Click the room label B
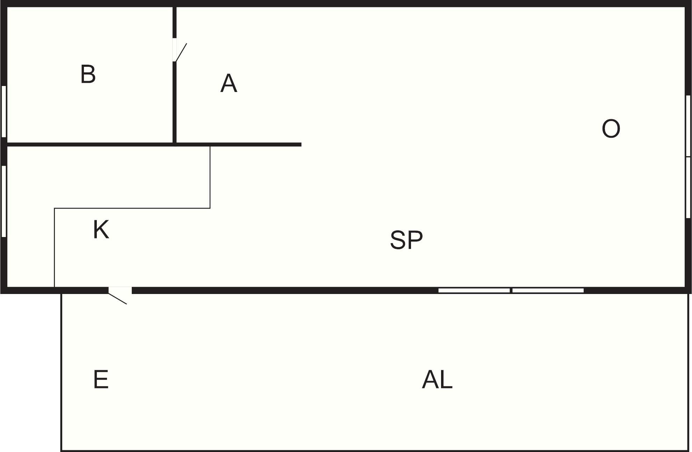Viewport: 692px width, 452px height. click(88, 74)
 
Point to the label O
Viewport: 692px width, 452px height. click(611, 129)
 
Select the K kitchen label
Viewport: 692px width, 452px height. click(101, 230)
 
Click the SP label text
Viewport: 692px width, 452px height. click(406, 240)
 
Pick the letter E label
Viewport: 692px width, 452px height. click(101, 380)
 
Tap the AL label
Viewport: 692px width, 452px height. click(437, 380)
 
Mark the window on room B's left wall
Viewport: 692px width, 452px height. click(4, 111)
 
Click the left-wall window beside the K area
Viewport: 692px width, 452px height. click(4, 201)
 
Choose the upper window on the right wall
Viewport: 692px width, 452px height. click(688, 125)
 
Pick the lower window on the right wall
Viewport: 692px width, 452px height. click(688, 187)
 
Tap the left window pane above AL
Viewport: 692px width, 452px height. click(474, 290)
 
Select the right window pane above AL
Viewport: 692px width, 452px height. click(548, 290)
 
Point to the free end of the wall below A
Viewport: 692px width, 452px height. click(300, 144)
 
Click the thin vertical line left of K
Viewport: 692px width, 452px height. click(55, 248)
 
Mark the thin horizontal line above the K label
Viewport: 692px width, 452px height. click(133, 208)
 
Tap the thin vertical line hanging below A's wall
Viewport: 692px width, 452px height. click(210, 177)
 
